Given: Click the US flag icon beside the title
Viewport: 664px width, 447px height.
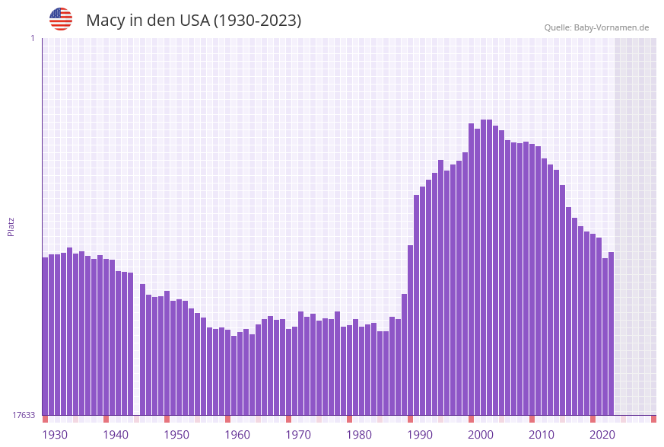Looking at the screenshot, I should tap(61, 19).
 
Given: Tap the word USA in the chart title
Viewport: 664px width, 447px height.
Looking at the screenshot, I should tap(194, 21).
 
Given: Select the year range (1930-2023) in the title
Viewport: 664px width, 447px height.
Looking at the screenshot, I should tap(257, 21).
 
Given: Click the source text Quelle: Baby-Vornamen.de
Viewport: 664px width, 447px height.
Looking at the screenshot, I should tap(596, 27).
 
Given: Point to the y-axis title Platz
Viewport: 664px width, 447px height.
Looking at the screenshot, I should tap(11, 226).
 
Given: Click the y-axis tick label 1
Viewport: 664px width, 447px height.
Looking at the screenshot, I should tap(32, 38).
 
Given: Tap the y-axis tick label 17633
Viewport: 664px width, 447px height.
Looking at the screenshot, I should tap(24, 415).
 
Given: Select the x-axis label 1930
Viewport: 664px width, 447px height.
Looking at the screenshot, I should tap(55, 435).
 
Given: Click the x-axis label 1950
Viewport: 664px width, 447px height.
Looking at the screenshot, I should tap(176, 435).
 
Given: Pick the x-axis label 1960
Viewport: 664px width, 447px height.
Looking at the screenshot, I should tap(237, 435).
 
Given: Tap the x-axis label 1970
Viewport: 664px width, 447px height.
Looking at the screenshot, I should tap(298, 435).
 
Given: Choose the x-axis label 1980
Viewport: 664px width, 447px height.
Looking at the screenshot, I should tap(359, 435).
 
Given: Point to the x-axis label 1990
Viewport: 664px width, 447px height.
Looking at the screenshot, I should tap(420, 435).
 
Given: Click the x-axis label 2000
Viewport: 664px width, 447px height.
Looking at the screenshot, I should tap(481, 435).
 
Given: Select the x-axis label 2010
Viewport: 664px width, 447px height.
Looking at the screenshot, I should tap(542, 435).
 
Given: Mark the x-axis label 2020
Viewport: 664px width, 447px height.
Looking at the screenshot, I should tap(602, 435).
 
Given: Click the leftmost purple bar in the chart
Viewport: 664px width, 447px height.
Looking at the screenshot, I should tap(45, 335).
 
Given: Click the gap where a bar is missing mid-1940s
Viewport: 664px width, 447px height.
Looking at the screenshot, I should tap(136, 343).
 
